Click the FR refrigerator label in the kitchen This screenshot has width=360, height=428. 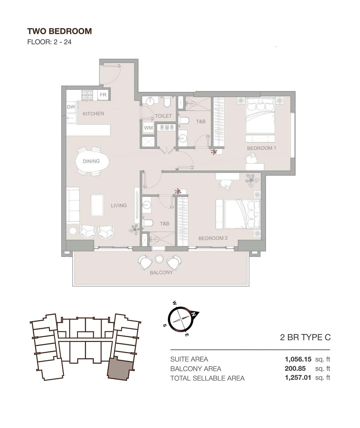pyautogui.click(x=103, y=95)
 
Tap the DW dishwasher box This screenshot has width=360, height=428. pyautogui.click(x=71, y=107)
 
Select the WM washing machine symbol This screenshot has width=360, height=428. pyautogui.click(x=148, y=128)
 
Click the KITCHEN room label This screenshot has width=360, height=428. pyautogui.click(x=93, y=114)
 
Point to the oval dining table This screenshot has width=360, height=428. pyautogui.click(x=92, y=161)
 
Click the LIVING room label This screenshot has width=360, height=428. pyautogui.click(x=119, y=205)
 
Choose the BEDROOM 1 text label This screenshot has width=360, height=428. pyautogui.click(x=261, y=148)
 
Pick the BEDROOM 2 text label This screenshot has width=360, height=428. pyautogui.click(x=213, y=238)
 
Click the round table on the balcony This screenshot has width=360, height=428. pyautogui.click(x=159, y=259)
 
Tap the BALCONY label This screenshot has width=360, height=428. pyautogui.click(x=161, y=273)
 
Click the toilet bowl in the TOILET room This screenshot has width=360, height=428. pyautogui.click(x=167, y=102)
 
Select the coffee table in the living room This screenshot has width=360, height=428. pyautogui.click(x=97, y=205)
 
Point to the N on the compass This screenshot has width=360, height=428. pyautogui.click(x=194, y=314)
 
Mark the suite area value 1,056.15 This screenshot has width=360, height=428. pyautogui.click(x=298, y=359)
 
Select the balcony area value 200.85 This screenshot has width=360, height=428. pyautogui.click(x=295, y=369)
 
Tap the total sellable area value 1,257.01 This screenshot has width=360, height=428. pyautogui.click(x=298, y=378)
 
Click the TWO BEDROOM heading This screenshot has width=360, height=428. pyautogui.click(x=60, y=31)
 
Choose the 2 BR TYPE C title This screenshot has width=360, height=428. pyautogui.click(x=305, y=337)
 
